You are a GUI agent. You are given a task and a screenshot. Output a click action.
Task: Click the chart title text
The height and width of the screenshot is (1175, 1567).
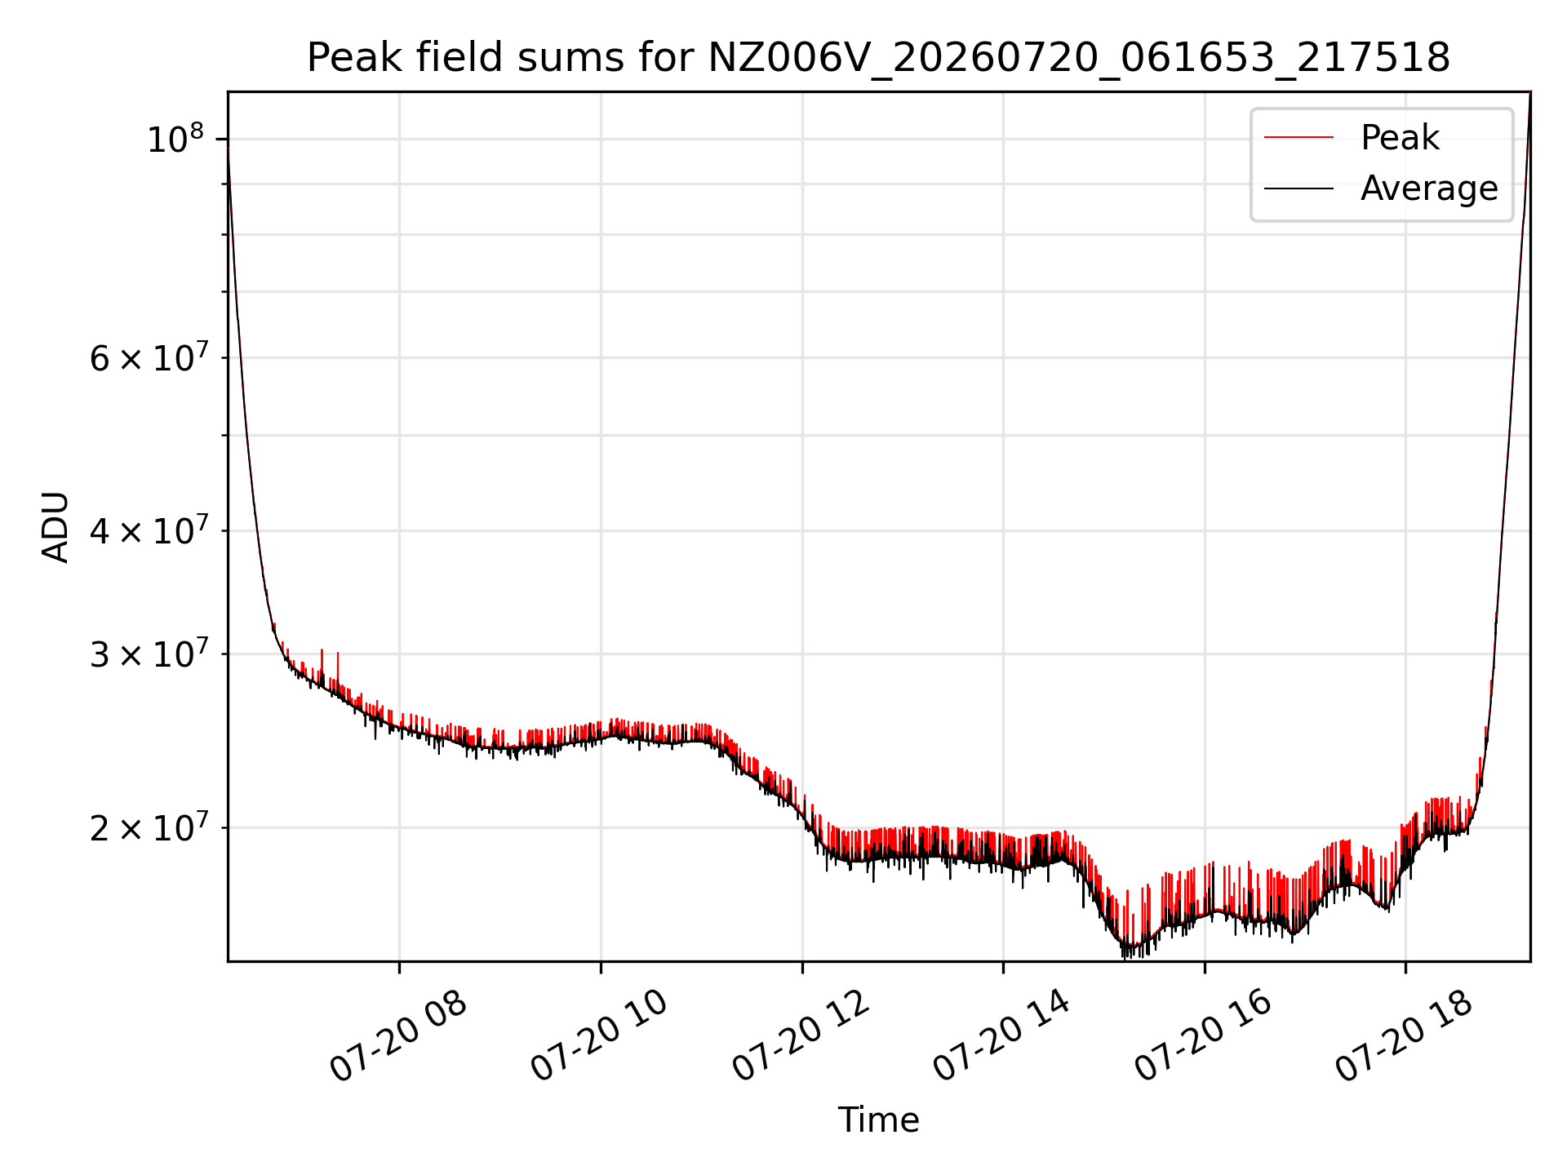[878, 58]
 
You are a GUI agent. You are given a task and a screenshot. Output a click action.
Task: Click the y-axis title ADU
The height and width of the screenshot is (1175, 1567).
[55, 527]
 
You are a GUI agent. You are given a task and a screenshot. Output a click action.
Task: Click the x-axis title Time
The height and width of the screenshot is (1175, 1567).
[878, 1120]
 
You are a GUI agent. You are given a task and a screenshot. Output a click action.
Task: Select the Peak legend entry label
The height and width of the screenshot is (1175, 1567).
[1400, 138]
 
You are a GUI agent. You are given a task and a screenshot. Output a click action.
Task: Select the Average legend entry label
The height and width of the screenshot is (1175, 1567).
[1429, 188]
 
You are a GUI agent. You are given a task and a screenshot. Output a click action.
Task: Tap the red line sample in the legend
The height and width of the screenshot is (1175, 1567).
[1299, 138]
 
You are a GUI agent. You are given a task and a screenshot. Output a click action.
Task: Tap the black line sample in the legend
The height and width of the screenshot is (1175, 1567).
[1299, 188]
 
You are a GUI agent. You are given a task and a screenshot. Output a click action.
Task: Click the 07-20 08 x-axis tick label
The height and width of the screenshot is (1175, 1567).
[398, 1036]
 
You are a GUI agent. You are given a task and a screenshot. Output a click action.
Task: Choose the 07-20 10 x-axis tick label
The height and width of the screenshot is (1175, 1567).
[600, 1036]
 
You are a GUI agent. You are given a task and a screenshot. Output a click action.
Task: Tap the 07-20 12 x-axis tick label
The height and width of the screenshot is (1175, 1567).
[801, 1036]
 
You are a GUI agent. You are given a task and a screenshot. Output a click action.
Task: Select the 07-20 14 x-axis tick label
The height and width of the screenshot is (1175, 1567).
[1002, 1036]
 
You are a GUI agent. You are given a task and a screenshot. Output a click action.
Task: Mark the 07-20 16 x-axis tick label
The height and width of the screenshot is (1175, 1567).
[1204, 1036]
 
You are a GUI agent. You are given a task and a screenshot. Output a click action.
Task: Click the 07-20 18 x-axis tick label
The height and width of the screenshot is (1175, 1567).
[1405, 1036]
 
